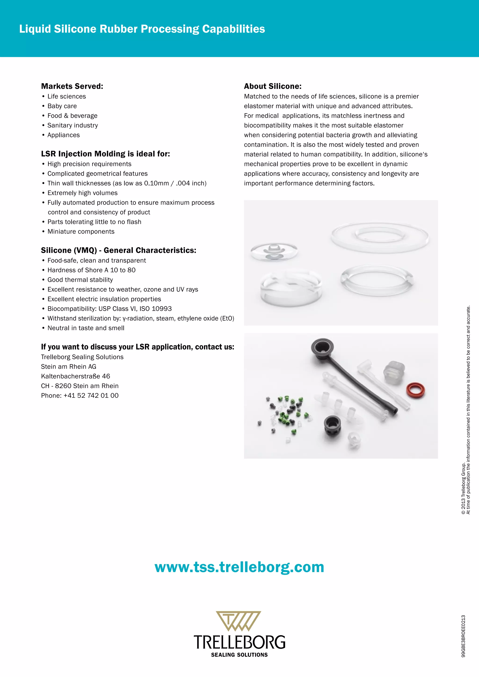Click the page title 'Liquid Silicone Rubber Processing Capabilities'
(142, 29)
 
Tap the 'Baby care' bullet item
(62, 106)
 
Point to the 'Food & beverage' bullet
(72, 115)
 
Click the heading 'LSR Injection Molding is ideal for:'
(105, 154)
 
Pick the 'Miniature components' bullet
(81, 231)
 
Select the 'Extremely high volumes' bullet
(82, 193)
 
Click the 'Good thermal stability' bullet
(80, 280)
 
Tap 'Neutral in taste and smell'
(86, 328)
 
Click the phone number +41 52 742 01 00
(80, 395)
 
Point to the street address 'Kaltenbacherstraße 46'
(76, 376)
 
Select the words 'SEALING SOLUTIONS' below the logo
(239, 655)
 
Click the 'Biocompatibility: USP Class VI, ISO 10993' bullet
(109, 309)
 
